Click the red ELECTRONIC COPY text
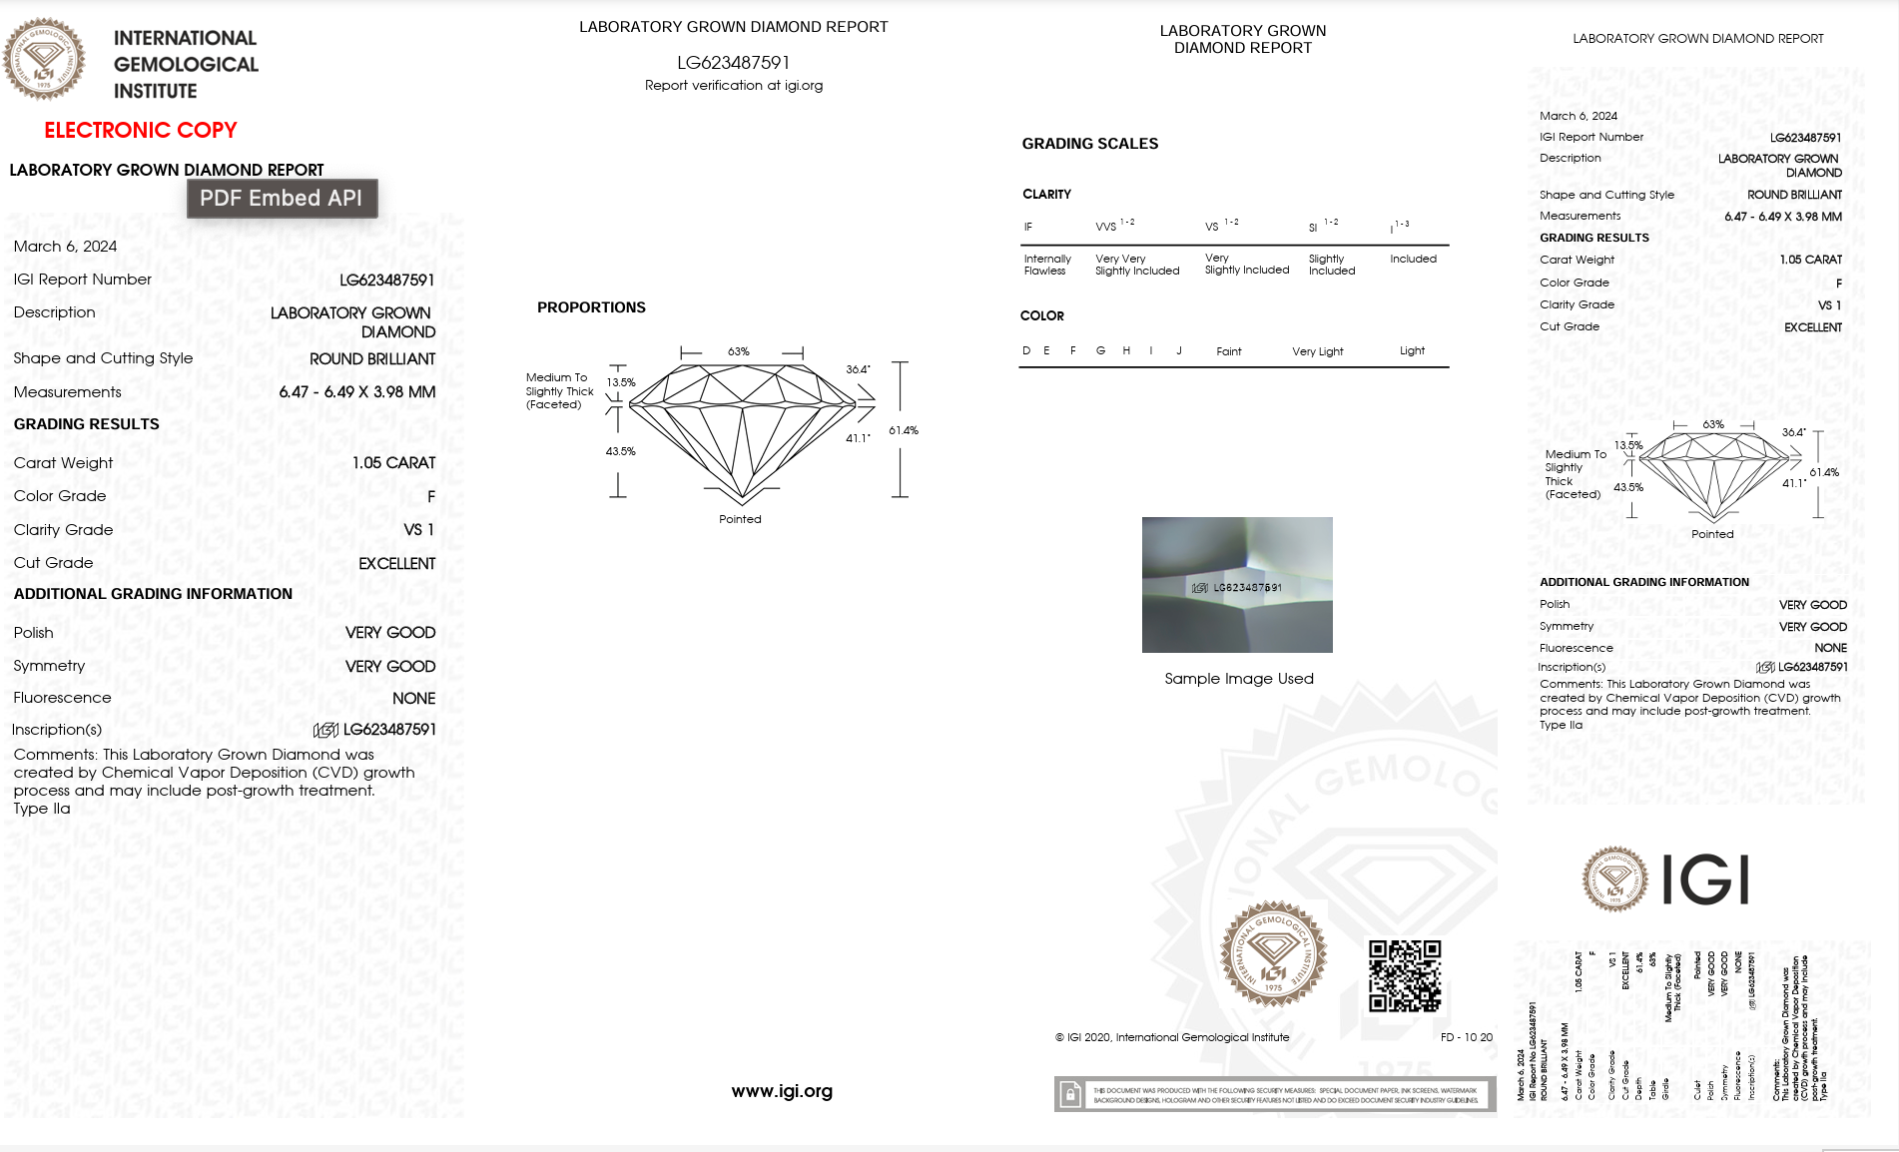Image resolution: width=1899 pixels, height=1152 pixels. tap(141, 130)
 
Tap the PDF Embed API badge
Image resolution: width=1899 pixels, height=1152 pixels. tap(282, 198)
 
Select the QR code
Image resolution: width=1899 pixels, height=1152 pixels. tap(1404, 975)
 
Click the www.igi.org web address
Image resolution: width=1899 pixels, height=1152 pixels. tap(782, 1091)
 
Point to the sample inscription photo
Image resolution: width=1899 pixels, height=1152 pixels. tap(1237, 585)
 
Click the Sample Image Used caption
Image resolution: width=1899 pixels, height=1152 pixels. tap(1238, 679)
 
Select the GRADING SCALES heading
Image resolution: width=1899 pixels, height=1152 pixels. tap(1089, 144)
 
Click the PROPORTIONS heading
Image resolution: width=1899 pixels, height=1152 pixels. tap(591, 307)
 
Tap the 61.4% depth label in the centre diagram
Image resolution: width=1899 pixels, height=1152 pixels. tap(903, 430)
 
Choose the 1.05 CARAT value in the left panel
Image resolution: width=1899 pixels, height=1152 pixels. tap(393, 463)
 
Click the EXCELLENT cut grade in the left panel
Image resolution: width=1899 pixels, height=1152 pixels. tap(396, 564)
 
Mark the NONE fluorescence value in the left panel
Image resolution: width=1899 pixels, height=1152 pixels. tap(413, 699)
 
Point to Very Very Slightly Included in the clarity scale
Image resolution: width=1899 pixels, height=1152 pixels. tap(1136, 265)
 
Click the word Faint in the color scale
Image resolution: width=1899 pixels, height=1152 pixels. tap(1228, 351)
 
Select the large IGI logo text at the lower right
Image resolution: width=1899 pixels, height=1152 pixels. tap(1705, 879)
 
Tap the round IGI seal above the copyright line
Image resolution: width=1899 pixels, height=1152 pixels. tap(1273, 952)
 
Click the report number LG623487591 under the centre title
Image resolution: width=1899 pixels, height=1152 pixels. tap(733, 63)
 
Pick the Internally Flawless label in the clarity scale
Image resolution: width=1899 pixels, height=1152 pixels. tap(1046, 265)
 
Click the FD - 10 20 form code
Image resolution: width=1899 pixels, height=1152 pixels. tap(1466, 1037)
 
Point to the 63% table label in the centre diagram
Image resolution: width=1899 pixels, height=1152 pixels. tap(738, 351)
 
